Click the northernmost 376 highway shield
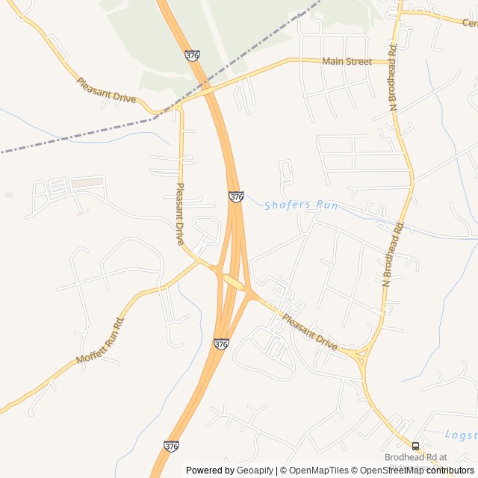point(192,55)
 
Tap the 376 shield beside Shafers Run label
point(236,196)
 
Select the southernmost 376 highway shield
point(171,446)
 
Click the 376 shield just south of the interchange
point(221,344)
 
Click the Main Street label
point(347,61)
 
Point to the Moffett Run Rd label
point(100,341)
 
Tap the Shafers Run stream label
point(297,205)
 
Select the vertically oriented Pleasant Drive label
point(179,214)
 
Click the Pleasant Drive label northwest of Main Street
point(106,90)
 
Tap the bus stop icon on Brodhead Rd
point(415,447)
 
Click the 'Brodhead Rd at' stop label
point(415,457)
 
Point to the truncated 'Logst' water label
point(460,435)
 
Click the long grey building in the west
point(87,182)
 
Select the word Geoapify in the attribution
point(255,471)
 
